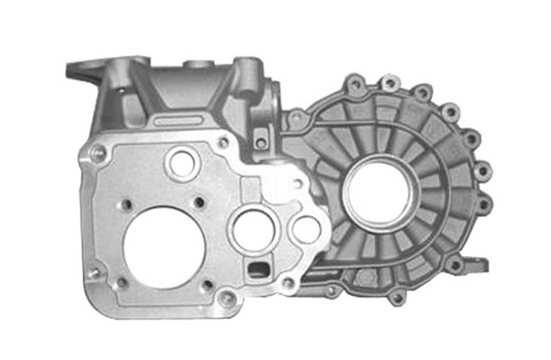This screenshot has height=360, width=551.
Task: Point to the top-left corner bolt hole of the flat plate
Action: coord(98,155)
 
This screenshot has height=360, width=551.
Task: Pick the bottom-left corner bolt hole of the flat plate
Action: coord(94,272)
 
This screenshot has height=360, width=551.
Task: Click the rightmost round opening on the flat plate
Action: coord(306,229)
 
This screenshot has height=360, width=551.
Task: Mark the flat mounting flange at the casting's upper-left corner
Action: coord(85,70)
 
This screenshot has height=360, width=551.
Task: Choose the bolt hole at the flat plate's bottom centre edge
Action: coord(227,300)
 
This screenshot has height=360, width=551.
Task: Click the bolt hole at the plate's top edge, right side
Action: coord(224,142)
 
